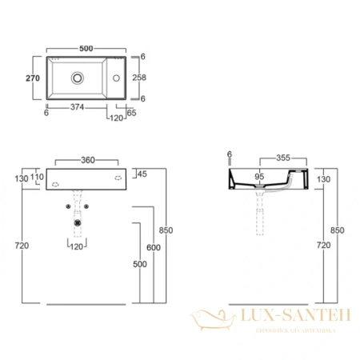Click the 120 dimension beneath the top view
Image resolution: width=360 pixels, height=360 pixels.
pos(116,117)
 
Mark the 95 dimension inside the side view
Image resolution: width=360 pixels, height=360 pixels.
pos(258,177)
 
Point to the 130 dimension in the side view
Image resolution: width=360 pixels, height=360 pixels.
pos(322,179)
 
